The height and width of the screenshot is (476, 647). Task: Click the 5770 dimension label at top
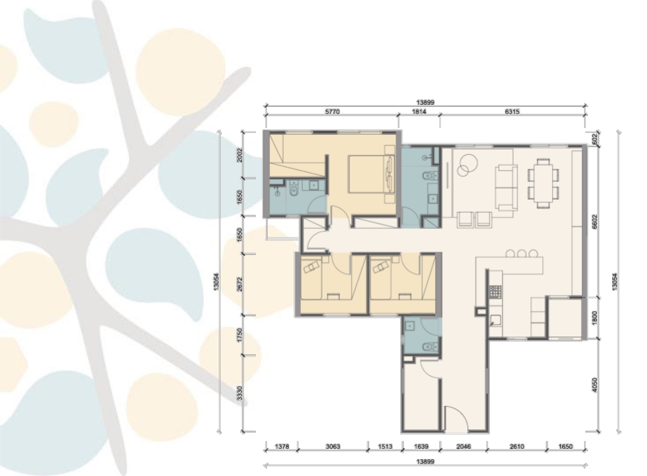click(332, 112)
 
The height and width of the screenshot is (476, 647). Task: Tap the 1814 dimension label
click(419, 112)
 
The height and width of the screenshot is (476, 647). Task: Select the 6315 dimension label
click(512, 112)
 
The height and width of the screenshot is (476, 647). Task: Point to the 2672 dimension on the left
click(240, 284)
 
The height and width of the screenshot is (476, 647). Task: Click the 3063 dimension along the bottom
click(333, 447)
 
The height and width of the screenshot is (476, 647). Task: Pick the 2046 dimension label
click(463, 447)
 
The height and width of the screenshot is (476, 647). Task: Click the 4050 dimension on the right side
click(595, 385)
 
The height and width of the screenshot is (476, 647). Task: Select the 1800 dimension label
click(595, 319)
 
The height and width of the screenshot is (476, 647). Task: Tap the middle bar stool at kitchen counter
click(522, 254)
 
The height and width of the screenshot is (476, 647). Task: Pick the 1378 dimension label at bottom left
click(282, 447)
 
